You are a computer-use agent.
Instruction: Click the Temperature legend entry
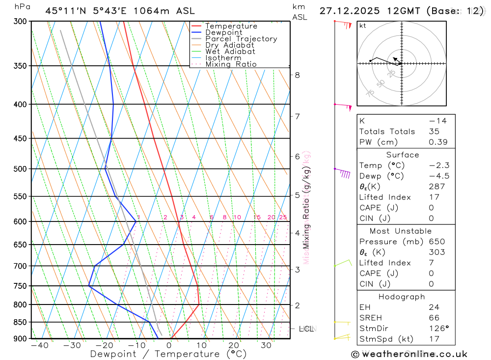point(231,26)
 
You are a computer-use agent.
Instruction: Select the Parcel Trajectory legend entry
point(241,39)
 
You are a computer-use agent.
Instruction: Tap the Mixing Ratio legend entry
point(231,64)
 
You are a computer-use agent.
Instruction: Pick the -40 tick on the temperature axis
point(39,345)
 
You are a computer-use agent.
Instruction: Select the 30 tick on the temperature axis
point(266,345)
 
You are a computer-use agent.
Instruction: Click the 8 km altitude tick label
point(298,75)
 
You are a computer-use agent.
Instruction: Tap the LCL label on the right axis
point(306,329)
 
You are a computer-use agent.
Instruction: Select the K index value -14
point(437,121)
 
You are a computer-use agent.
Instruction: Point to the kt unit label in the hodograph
point(363,26)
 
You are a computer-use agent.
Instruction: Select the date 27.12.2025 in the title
point(349,11)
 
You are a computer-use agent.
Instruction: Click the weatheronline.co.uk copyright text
point(409,354)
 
